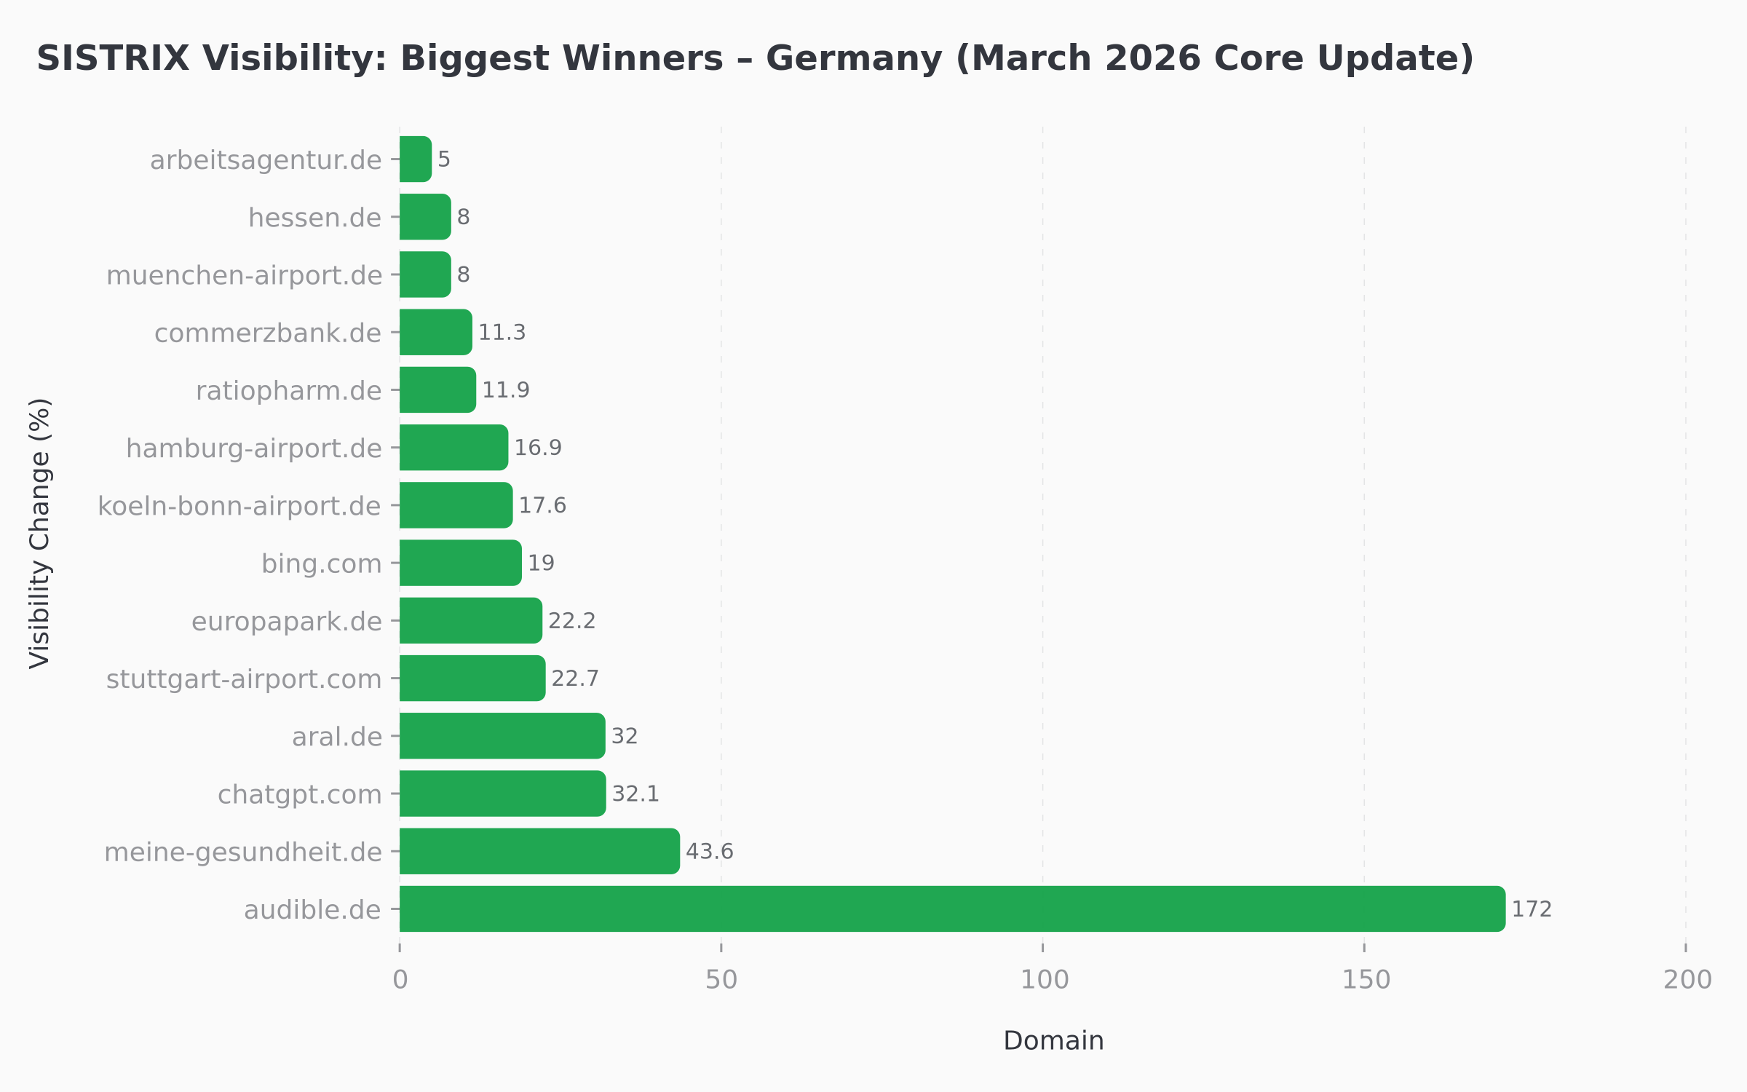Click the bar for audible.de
(x=952, y=909)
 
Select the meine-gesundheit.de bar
(x=539, y=851)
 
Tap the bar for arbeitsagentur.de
(x=415, y=159)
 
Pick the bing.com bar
(x=460, y=563)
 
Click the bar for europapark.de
(x=470, y=620)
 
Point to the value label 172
(x=1532, y=909)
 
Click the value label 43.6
(x=709, y=851)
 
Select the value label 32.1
(x=635, y=794)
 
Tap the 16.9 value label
(x=538, y=448)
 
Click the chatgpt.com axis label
(x=299, y=794)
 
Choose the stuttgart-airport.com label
(x=244, y=678)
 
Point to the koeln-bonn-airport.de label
(x=239, y=506)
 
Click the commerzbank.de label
(x=267, y=333)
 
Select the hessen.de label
(x=314, y=218)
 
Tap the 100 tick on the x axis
(x=1044, y=980)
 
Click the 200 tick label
(x=1687, y=980)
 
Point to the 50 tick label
(x=721, y=980)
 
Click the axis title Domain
(x=1053, y=1041)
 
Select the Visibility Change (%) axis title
(x=40, y=533)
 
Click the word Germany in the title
(x=854, y=58)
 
